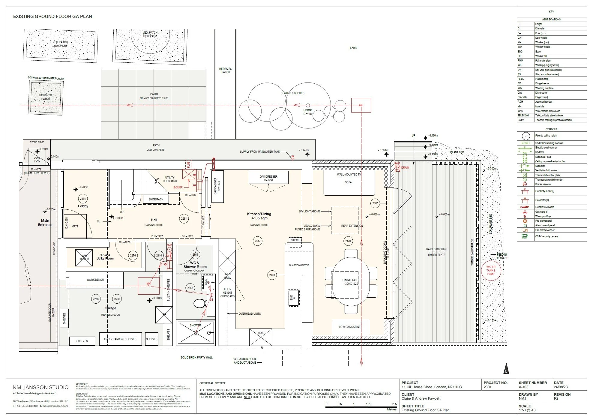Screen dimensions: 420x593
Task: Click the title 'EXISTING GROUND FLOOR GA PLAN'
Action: [x=52, y=16]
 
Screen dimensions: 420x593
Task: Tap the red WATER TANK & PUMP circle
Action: [x=491, y=270]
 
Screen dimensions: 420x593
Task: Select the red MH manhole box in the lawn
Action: [x=361, y=105]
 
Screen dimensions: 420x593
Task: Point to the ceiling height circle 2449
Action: [x=348, y=241]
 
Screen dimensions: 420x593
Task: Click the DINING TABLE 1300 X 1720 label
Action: [x=351, y=282]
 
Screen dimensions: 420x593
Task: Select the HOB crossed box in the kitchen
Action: [x=261, y=337]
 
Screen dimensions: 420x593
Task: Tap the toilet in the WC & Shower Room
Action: [x=199, y=304]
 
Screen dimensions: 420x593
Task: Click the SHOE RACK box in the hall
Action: [x=156, y=199]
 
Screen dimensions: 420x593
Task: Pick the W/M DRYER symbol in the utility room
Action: [x=84, y=257]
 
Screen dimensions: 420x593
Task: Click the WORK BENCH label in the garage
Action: [x=95, y=280]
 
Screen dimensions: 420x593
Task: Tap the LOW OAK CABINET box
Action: [x=350, y=327]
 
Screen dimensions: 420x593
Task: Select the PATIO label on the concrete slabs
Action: [x=154, y=94]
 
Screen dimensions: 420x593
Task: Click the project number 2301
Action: [x=488, y=387]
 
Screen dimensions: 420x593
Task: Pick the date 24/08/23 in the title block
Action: [x=561, y=387]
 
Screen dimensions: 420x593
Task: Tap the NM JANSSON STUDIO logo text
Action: [x=40, y=387]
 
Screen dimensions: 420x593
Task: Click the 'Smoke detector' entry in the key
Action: [x=543, y=184]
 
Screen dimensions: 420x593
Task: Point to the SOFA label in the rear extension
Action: [x=348, y=182]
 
